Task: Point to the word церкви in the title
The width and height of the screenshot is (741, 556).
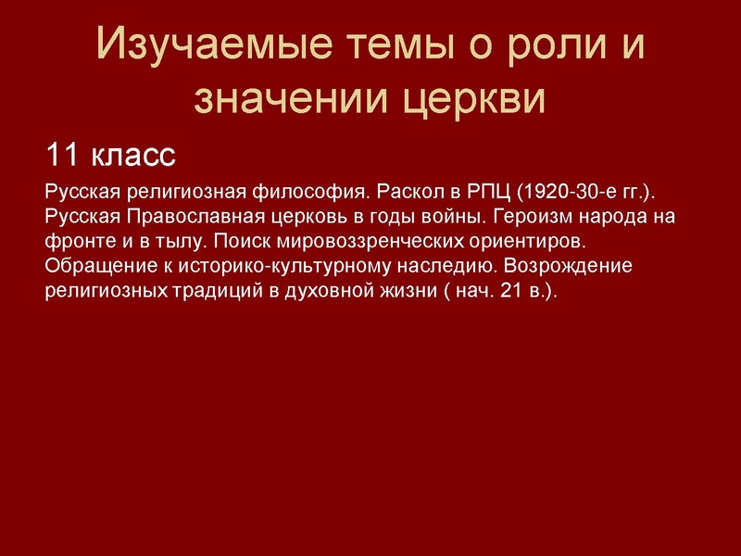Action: click(473, 99)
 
